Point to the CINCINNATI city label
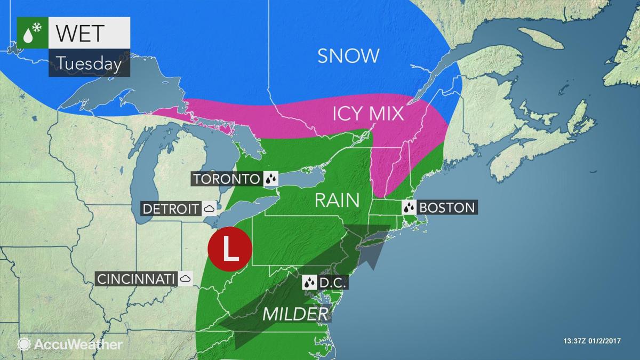point(136,278)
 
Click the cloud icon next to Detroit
point(210,208)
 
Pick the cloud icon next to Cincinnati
point(186,278)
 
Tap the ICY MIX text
point(367,114)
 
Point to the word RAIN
point(335,200)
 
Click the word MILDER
point(295,314)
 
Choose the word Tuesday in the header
point(89,63)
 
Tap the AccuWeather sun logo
point(24,344)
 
